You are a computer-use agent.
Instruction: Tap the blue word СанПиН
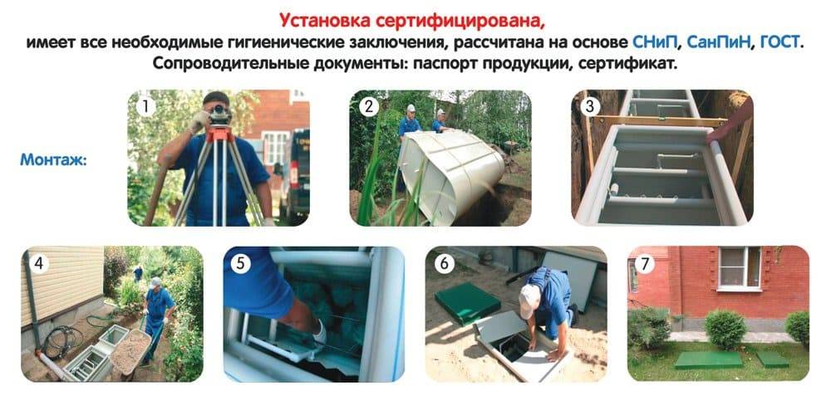(720, 42)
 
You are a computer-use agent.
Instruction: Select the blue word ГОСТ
(779, 42)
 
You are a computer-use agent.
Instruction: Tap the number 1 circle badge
(145, 107)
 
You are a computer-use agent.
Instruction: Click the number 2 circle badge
(369, 107)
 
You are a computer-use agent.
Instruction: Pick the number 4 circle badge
(39, 264)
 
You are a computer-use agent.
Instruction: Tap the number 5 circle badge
(241, 264)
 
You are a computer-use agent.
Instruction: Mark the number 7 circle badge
(645, 264)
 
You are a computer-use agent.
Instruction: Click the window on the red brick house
(740, 268)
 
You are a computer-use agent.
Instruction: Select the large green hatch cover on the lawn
(708, 360)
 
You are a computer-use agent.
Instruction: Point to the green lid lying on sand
(467, 302)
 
